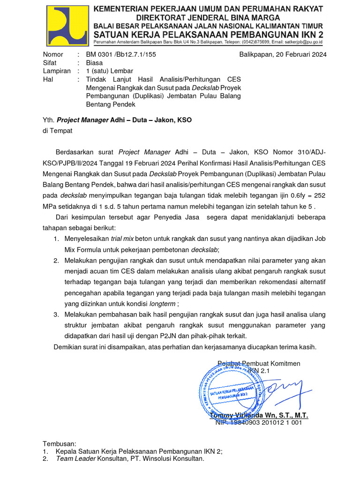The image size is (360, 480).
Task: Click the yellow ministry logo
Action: point(67,26)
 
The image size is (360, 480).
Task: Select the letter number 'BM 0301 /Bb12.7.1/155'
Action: point(121,54)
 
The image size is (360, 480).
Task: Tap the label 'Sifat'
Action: point(50,63)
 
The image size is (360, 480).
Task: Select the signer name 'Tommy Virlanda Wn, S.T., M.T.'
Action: point(259,415)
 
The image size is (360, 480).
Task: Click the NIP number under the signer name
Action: point(259,422)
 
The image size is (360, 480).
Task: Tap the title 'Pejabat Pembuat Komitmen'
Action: point(259,364)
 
